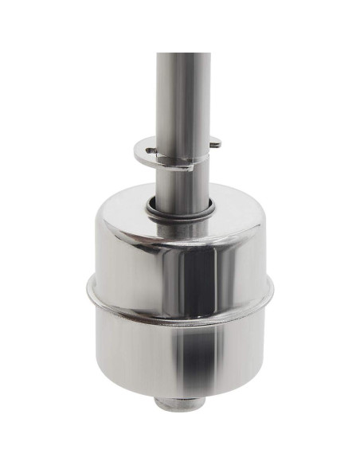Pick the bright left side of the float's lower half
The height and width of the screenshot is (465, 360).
(119, 342)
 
